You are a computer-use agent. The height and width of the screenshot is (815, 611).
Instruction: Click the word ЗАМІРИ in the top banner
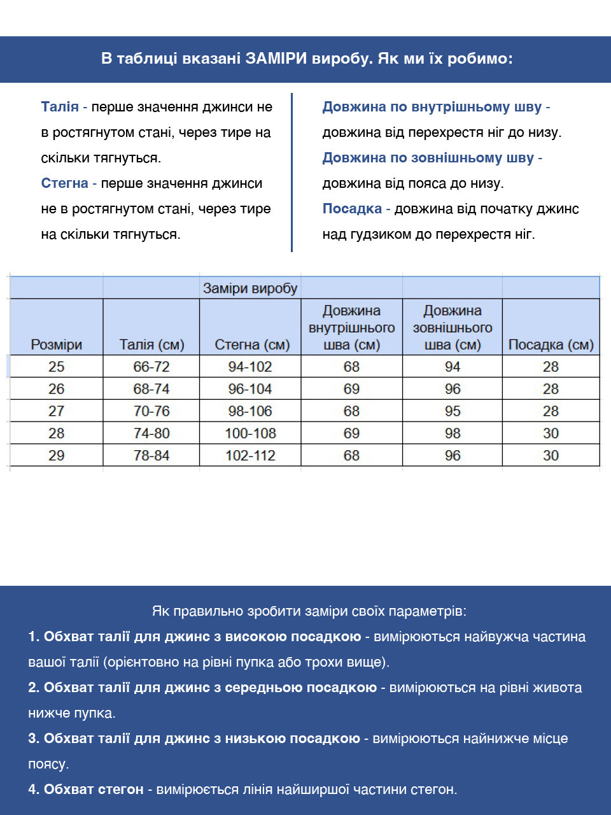[277, 59]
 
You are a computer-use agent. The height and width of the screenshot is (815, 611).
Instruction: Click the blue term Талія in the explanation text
[60, 107]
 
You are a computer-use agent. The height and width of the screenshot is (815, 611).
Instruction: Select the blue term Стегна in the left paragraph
[64, 183]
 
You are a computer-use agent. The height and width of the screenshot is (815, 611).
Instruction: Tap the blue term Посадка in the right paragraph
[352, 209]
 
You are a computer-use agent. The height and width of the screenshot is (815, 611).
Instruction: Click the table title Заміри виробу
[250, 288]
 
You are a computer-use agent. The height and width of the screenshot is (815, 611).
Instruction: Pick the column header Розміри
[57, 344]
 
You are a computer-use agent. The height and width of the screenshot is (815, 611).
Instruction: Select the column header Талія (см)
[151, 344]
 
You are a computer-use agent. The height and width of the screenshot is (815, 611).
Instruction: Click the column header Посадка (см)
[551, 344]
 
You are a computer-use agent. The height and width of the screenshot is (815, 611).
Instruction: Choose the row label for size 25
[57, 367]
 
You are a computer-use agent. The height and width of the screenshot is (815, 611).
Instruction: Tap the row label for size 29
[57, 455]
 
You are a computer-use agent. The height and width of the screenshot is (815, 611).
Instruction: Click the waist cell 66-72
[151, 367]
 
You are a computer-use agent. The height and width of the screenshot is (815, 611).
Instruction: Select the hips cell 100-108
[250, 434]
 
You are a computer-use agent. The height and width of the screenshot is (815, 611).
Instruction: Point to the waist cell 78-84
[151, 455]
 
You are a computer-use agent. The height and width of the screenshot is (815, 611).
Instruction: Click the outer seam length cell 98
[453, 434]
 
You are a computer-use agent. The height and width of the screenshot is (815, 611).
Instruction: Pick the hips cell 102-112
[250, 455]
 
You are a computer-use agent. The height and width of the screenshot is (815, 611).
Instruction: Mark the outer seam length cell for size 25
[453, 367]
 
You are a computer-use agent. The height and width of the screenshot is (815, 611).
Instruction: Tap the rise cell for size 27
[551, 411]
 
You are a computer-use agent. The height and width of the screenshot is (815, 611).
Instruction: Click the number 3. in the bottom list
[34, 739]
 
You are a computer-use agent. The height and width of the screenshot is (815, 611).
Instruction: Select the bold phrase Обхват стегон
[94, 790]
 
